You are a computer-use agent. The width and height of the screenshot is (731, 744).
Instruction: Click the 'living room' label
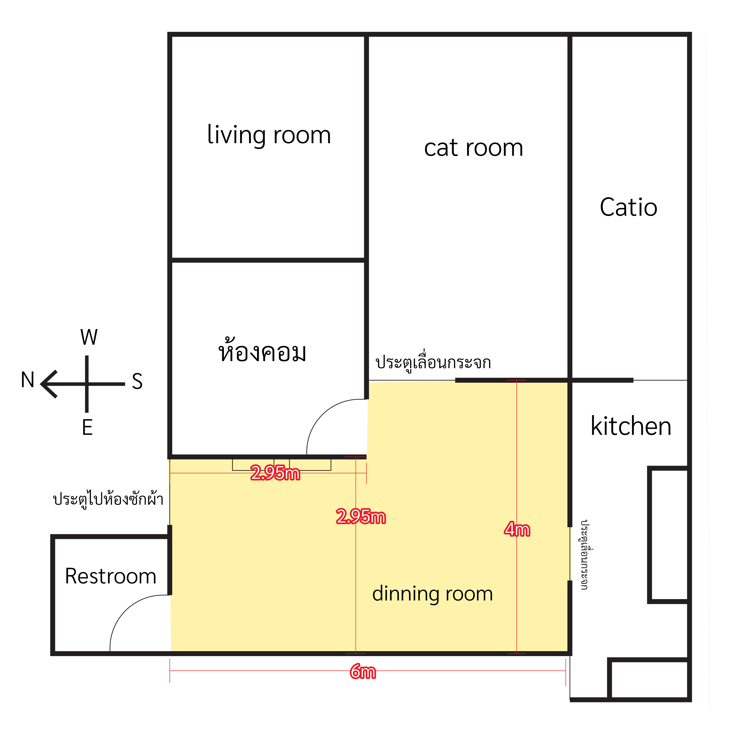pos(269,135)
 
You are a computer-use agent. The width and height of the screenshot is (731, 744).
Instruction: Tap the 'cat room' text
pos(473,148)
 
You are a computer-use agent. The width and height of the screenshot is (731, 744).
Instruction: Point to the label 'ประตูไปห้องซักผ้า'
pos(108,499)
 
